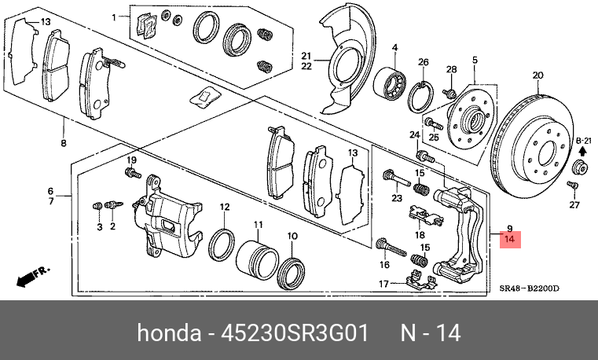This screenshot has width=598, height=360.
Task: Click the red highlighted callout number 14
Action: [510, 238]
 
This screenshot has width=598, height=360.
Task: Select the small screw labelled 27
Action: [573, 186]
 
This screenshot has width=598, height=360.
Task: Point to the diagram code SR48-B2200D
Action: [530, 288]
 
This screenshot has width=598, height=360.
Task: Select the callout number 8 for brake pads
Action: [63, 143]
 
